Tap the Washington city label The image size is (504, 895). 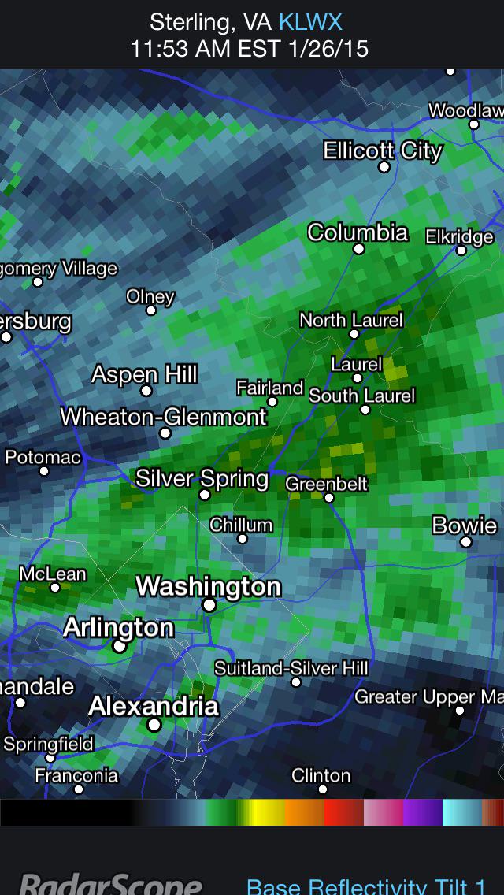click(209, 586)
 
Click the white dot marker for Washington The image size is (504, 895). click(209, 605)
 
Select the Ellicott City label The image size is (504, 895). click(383, 150)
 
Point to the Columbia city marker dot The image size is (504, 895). click(358, 249)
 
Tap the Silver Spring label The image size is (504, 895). click(202, 477)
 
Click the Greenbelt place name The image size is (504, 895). click(326, 483)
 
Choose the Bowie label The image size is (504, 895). click(465, 525)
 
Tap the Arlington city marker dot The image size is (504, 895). click(119, 646)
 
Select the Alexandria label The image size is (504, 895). click(153, 705)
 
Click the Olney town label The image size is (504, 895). click(150, 296)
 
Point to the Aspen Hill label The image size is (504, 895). click(144, 374)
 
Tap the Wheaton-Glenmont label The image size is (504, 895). click(164, 416)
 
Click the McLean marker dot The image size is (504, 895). click(55, 587)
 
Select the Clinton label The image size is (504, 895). click(321, 775)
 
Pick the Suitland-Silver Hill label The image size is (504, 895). click(291, 668)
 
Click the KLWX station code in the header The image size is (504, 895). click(310, 21)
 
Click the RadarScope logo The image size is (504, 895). click(110, 882)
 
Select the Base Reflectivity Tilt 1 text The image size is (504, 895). click(375, 886)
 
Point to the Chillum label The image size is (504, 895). click(241, 525)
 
